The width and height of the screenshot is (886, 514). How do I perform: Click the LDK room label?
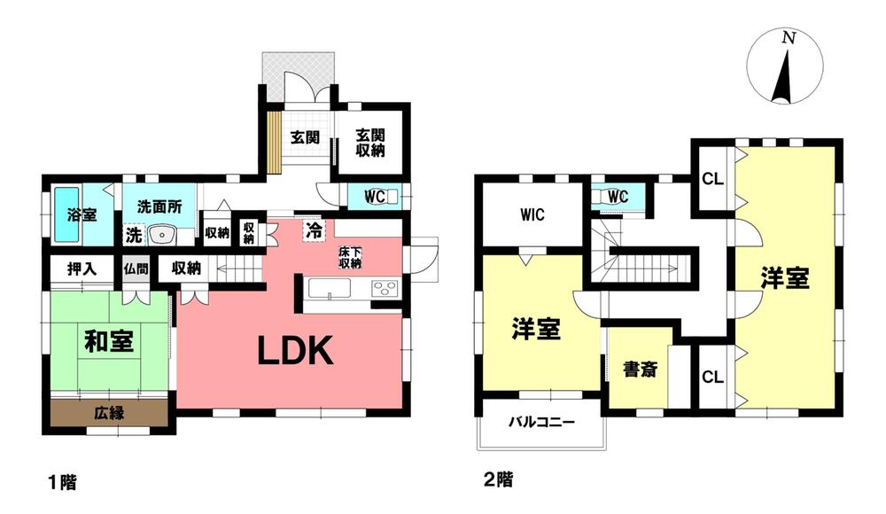[x=296, y=351]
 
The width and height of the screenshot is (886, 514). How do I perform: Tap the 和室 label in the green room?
[x=109, y=341]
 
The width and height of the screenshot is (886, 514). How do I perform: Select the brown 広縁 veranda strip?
[x=109, y=413]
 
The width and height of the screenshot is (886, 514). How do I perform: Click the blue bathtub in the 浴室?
[x=67, y=214]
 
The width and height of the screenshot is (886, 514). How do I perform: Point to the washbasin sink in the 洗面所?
[x=163, y=234]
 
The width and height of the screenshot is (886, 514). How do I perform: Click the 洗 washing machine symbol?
[x=134, y=235]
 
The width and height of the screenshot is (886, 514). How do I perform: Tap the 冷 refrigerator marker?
[x=315, y=230]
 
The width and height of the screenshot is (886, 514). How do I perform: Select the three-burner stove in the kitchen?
[x=385, y=288]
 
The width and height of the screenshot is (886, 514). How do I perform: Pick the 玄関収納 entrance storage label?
[x=370, y=143]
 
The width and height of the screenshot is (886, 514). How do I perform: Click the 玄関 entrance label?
[x=305, y=136]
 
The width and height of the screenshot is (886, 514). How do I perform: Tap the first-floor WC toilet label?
[x=375, y=197]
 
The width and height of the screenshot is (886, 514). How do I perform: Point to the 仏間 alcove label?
[x=136, y=268]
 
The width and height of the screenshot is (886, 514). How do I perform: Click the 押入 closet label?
[x=82, y=269]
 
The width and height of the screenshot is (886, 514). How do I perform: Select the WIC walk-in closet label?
[x=532, y=214]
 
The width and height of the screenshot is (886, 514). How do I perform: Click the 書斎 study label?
[x=641, y=370]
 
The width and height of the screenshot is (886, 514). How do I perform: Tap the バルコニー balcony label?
[x=541, y=422]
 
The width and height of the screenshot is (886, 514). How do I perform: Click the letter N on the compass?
[x=789, y=38]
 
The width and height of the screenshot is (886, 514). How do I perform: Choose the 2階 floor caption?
[x=498, y=480]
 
